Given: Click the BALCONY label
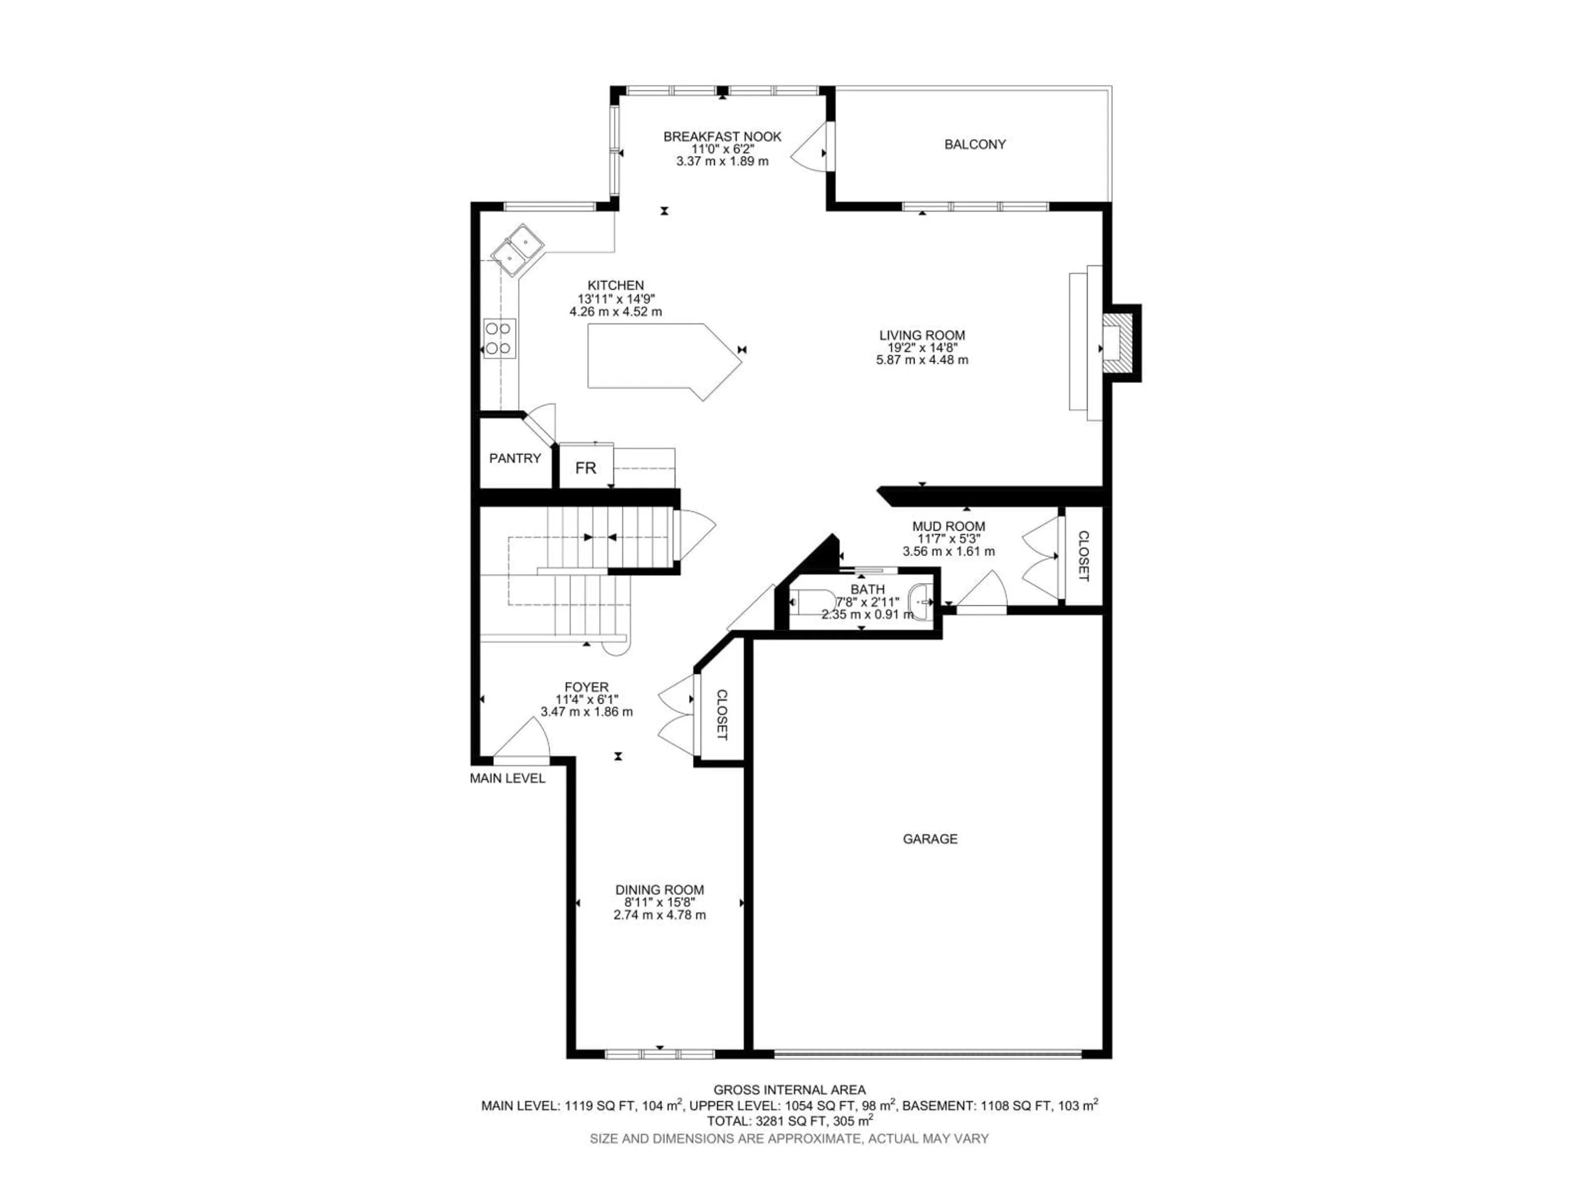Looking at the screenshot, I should pyautogui.click(x=975, y=145).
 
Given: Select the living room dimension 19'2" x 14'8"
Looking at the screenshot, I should pyautogui.click(x=922, y=348).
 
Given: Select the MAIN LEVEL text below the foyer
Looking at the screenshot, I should pyautogui.click(x=507, y=778).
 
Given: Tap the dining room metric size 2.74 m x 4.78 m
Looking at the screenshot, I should pyautogui.click(x=660, y=915).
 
